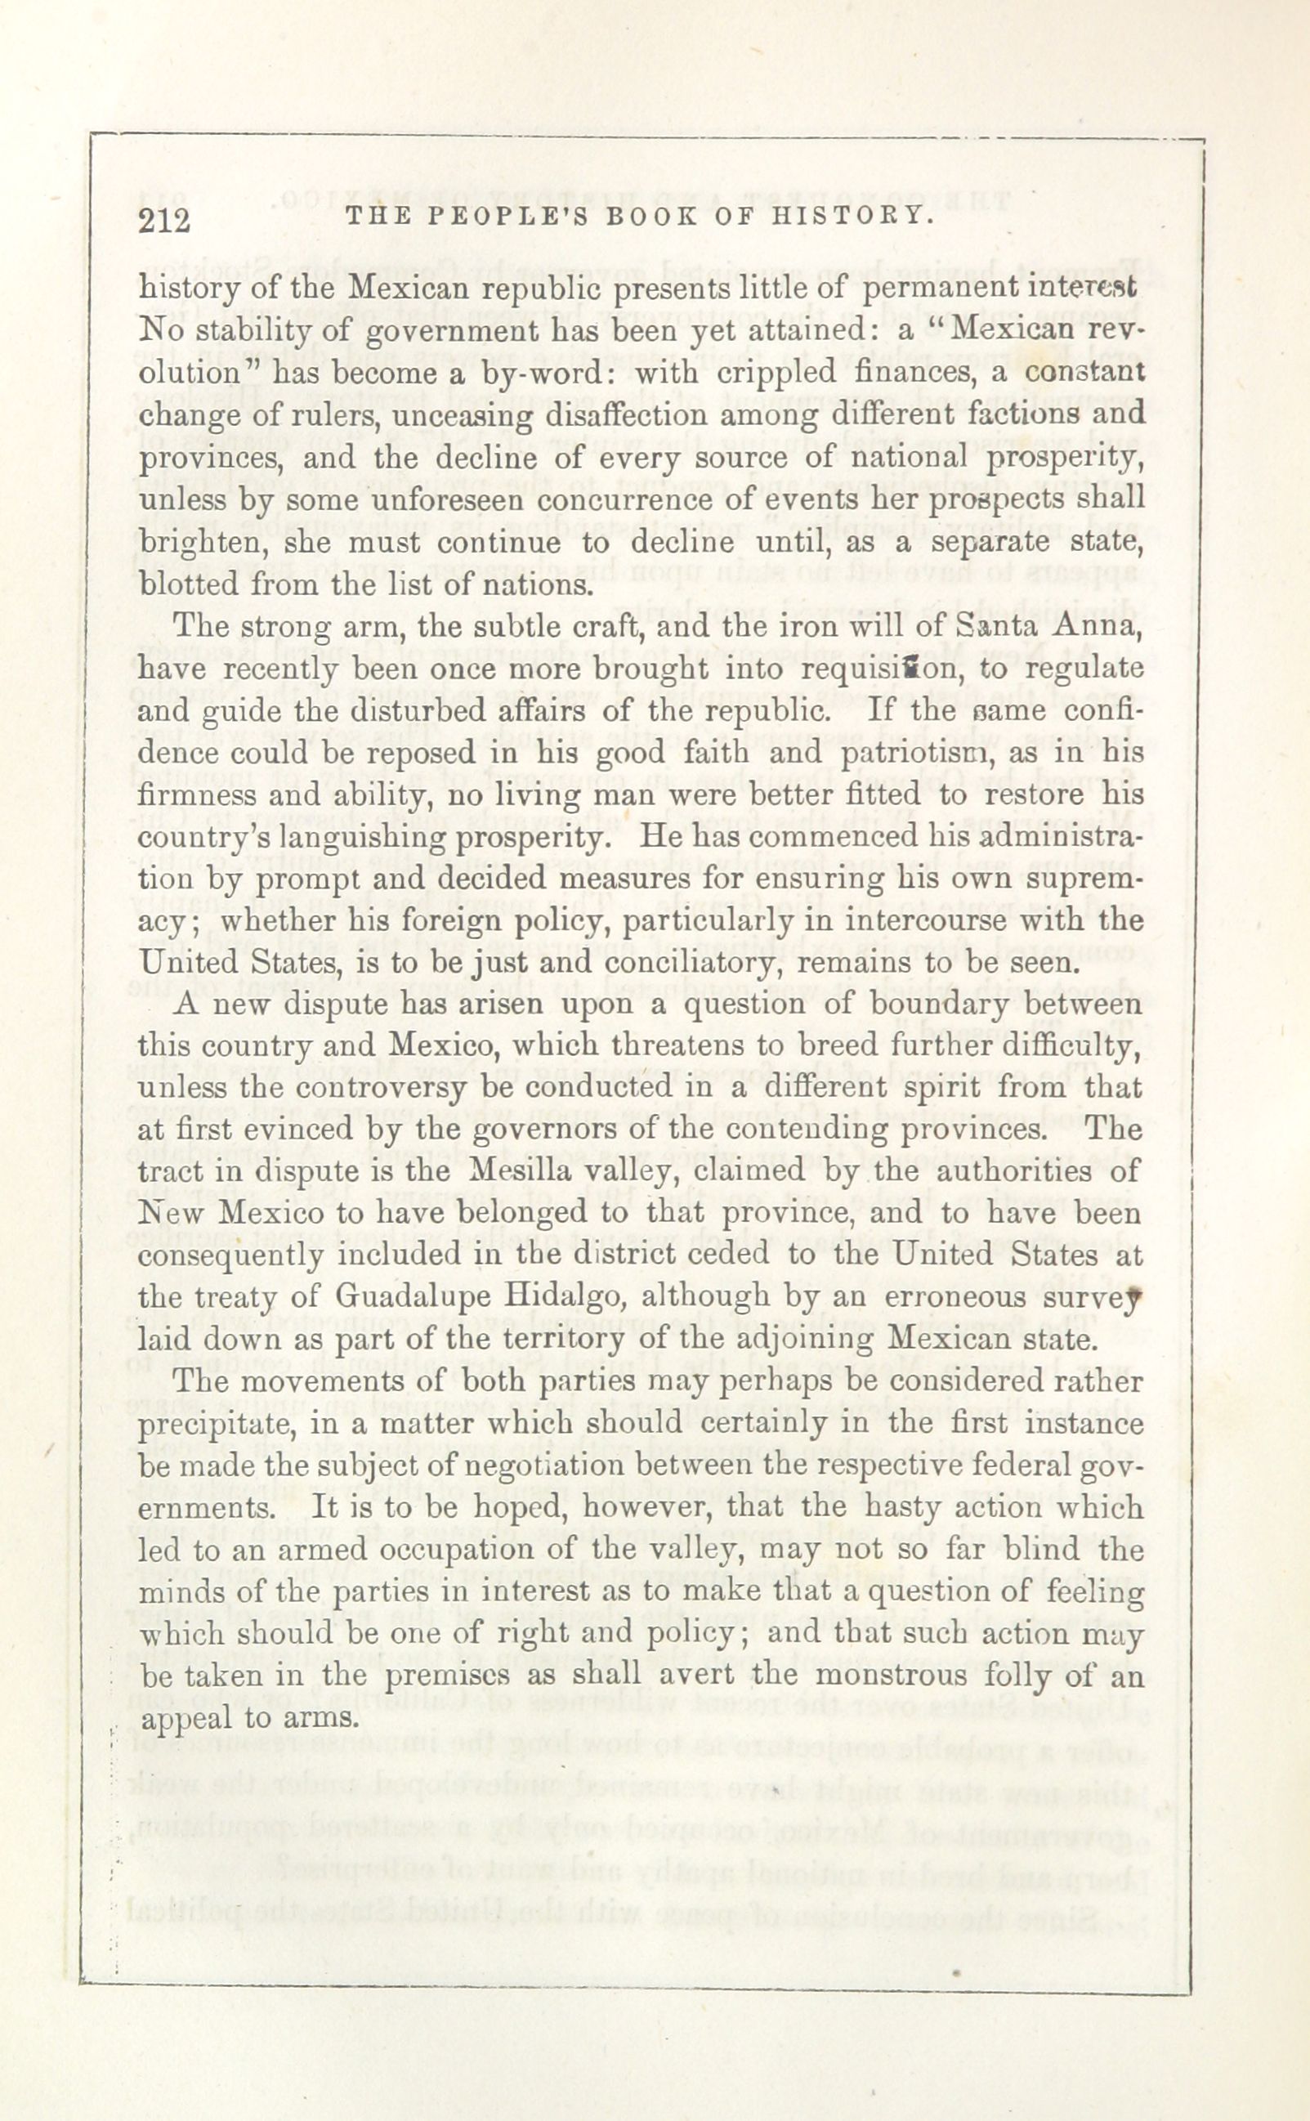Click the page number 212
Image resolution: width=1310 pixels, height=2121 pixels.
coord(163,221)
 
